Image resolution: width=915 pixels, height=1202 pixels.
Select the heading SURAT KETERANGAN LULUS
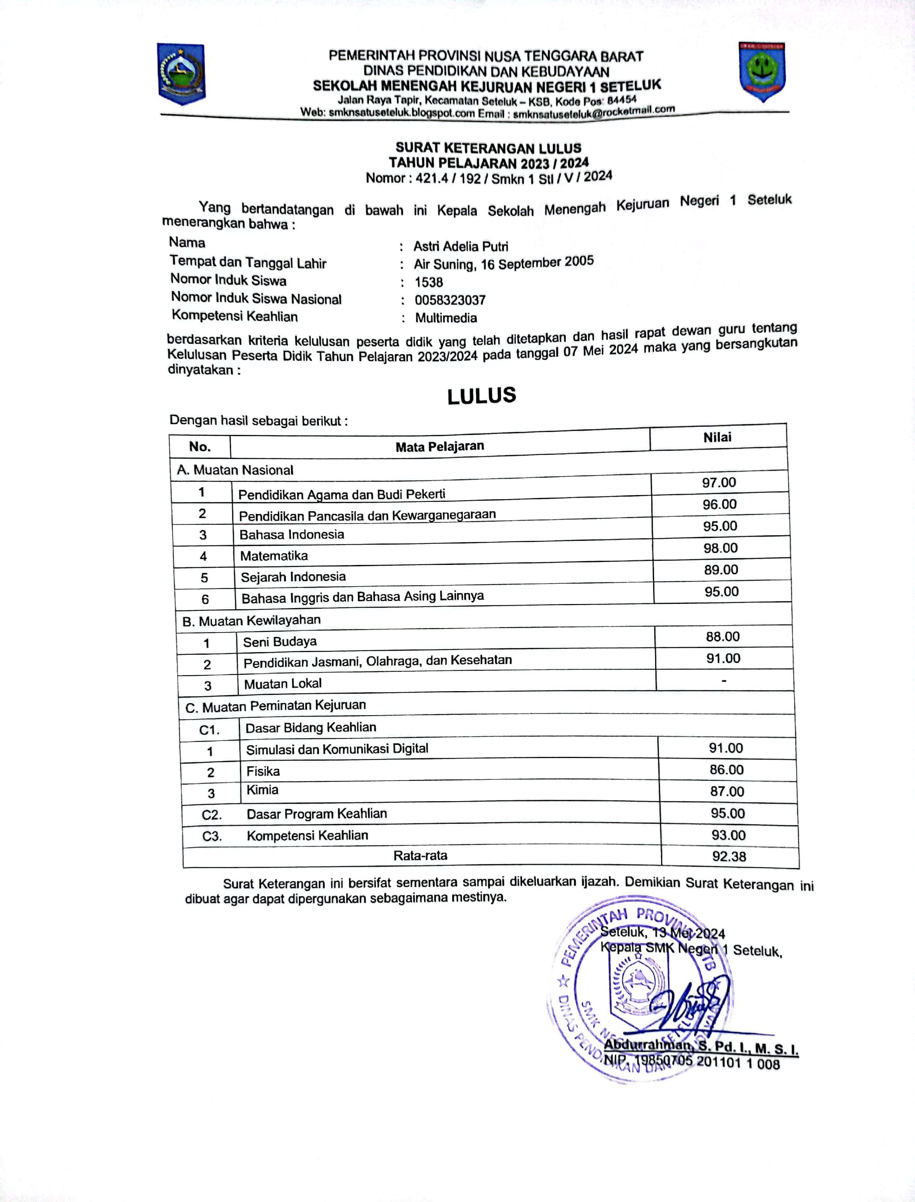(488, 148)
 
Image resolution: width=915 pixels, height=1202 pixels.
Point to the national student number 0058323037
(450, 299)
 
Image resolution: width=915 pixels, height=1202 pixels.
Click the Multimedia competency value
(445, 317)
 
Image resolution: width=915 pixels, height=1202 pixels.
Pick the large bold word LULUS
(482, 396)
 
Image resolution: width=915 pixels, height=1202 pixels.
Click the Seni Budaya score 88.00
(722, 636)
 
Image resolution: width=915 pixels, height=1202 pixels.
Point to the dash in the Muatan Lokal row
(723, 680)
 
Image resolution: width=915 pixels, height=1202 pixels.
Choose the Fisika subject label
(263, 771)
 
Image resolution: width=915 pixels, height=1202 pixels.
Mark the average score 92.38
(729, 856)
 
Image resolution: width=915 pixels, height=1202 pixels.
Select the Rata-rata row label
(420, 855)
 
